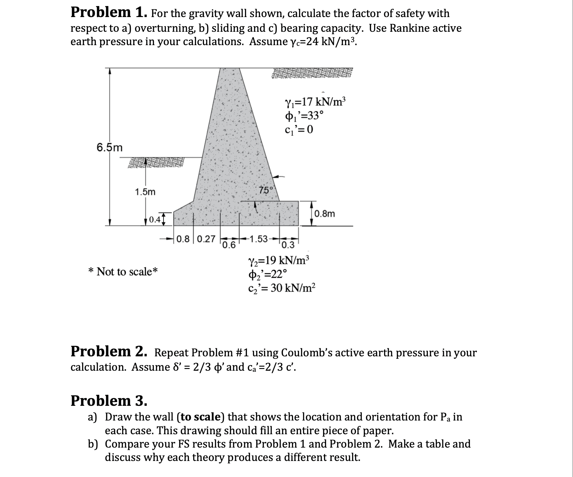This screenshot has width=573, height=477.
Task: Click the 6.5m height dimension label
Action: (109, 147)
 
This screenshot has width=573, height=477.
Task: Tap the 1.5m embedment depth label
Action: (145, 192)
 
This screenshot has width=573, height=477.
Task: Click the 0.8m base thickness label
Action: (324, 214)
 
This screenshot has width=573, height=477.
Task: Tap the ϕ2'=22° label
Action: (267, 274)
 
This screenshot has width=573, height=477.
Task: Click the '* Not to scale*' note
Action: (123, 272)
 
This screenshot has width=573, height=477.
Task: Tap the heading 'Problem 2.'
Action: (109, 352)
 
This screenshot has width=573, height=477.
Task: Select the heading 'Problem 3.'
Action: (109, 400)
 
